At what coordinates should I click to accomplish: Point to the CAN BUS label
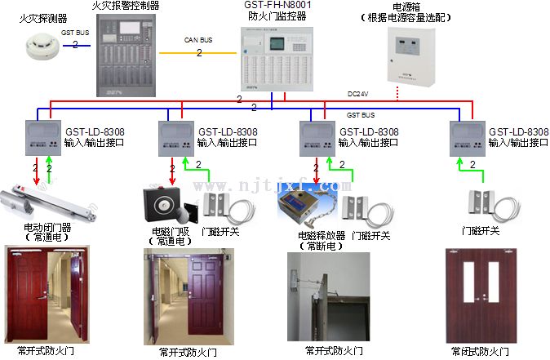pos(199,38)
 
